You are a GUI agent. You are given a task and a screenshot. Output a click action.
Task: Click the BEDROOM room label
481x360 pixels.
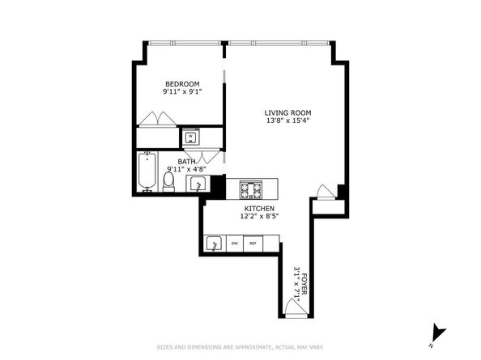pyautogui.click(x=182, y=83)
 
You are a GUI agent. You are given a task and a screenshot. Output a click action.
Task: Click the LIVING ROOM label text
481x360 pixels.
pyautogui.click(x=287, y=112)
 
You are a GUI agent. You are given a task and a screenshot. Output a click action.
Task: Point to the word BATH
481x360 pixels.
pyautogui.click(x=187, y=161)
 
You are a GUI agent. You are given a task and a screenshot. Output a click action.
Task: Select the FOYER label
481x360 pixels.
pyautogui.click(x=305, y=287)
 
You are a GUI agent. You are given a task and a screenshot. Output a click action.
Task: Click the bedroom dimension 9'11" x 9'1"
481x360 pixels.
pyautogui.click(x=182, y=91)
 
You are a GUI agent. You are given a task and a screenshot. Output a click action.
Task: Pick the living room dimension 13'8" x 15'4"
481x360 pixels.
pyautogui.click(x=287, y=121)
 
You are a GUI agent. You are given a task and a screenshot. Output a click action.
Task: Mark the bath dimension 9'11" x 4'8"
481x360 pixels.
pyautogui.click(x=187, y=169)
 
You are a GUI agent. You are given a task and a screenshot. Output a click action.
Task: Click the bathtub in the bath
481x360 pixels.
pyautogui.click(x=148, y=172)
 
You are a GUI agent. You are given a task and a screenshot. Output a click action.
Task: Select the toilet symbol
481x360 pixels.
pyautogui.click(x=169, y=184)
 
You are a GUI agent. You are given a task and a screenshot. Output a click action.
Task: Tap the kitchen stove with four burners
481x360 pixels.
pyautogui.click(x=251, y=191)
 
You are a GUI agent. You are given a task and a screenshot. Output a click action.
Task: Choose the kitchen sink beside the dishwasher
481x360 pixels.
pyautogui.click(x=215, y=244)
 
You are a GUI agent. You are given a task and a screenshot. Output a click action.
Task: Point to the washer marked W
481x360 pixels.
pyautogui.click(x=191, y=137)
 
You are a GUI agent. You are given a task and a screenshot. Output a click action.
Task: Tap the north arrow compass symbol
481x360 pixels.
pyautogui.click(x=439, y=331)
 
